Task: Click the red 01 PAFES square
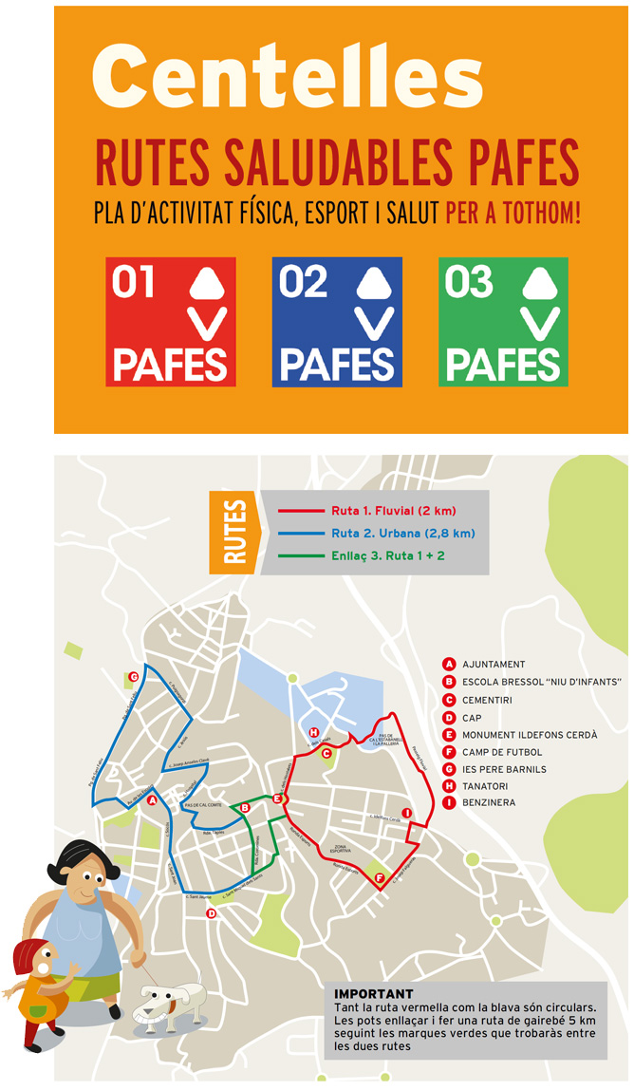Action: (x=171, y=322)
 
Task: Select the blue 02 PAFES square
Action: (x=337, y=322)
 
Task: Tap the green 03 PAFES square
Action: (x=503, y=322)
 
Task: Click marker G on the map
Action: (x=134, y=677)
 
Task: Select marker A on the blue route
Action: (x=152, y=799)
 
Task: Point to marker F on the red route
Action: (x=380, y=878)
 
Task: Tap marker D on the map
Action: (x=212, y=913)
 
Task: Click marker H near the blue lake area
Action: (x=313, y=732)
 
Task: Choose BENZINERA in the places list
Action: (x=489, y=803)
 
